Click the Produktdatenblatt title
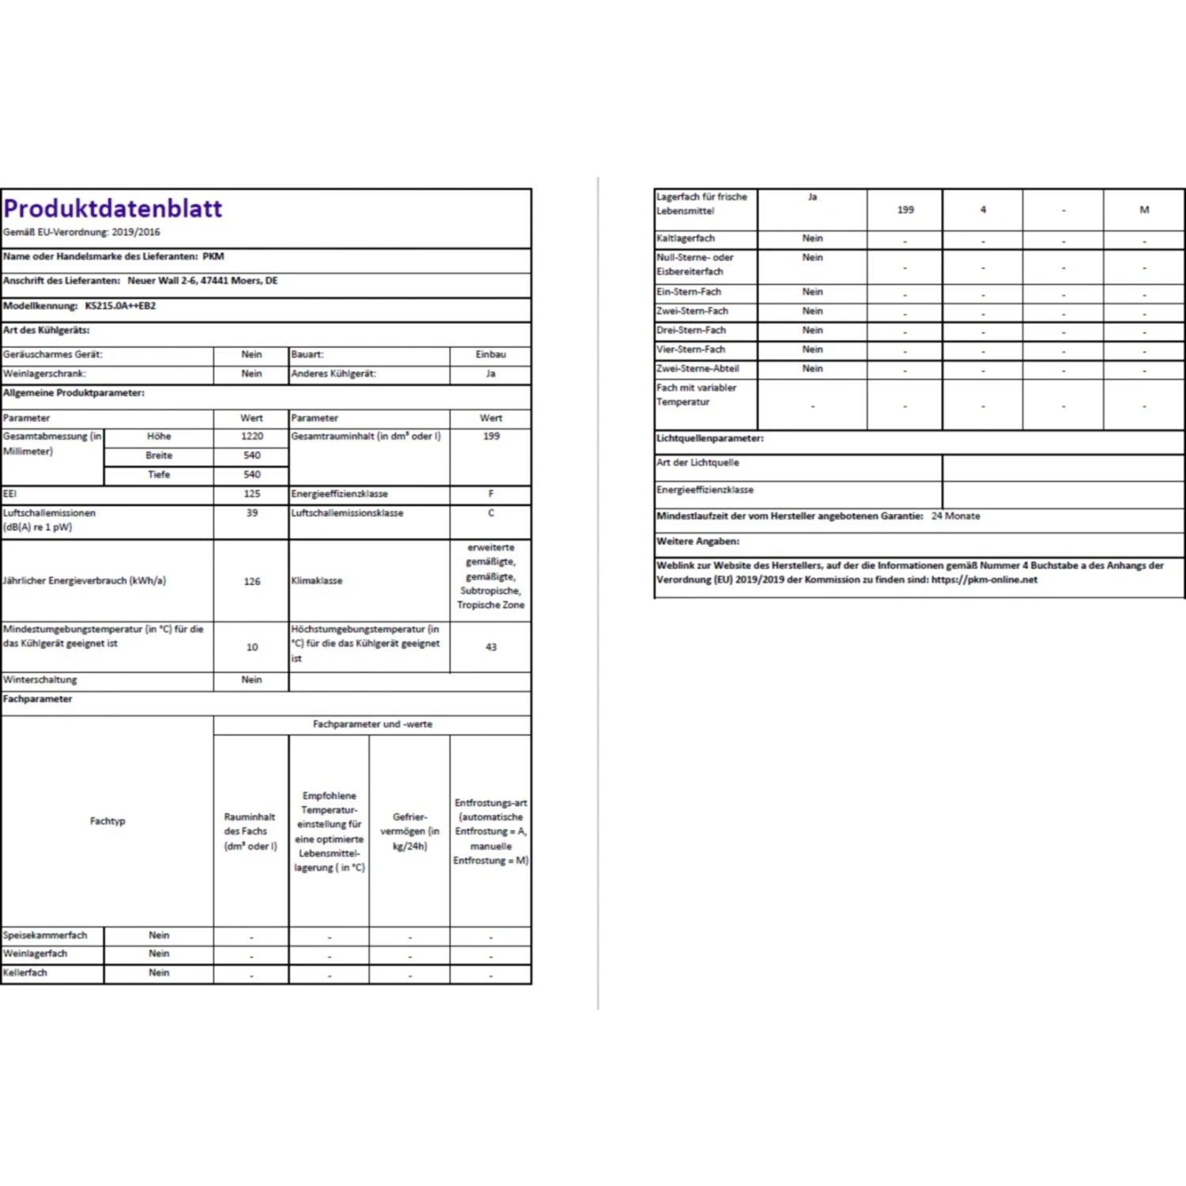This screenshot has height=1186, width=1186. [113, 209]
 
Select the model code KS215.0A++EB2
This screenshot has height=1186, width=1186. [120, 306]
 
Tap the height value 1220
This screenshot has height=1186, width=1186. [252, 436]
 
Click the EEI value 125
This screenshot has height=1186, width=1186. [252, 494]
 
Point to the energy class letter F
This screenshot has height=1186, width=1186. [491, 494]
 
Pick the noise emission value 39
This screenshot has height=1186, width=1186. [252, 513]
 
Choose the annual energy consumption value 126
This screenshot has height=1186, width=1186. [252, 582]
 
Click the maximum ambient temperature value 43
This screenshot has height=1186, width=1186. [491, 648]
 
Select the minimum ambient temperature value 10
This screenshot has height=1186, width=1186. [252, 648]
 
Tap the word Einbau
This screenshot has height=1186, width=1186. [491, 355]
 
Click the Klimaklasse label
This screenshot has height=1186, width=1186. [317, 581]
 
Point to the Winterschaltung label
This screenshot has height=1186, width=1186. [40, 680]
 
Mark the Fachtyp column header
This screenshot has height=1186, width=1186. [108, 822]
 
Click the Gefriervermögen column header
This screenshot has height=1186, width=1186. [410, 831]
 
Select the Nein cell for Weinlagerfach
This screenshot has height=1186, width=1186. [159, 954]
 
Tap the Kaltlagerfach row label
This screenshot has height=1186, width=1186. [686, 239]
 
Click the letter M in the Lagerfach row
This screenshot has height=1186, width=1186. [1144, 210]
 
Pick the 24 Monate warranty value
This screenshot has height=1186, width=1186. [955, 516]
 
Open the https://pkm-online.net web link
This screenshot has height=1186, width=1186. [984, 580]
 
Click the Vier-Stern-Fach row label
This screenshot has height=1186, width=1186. [690, 349]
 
